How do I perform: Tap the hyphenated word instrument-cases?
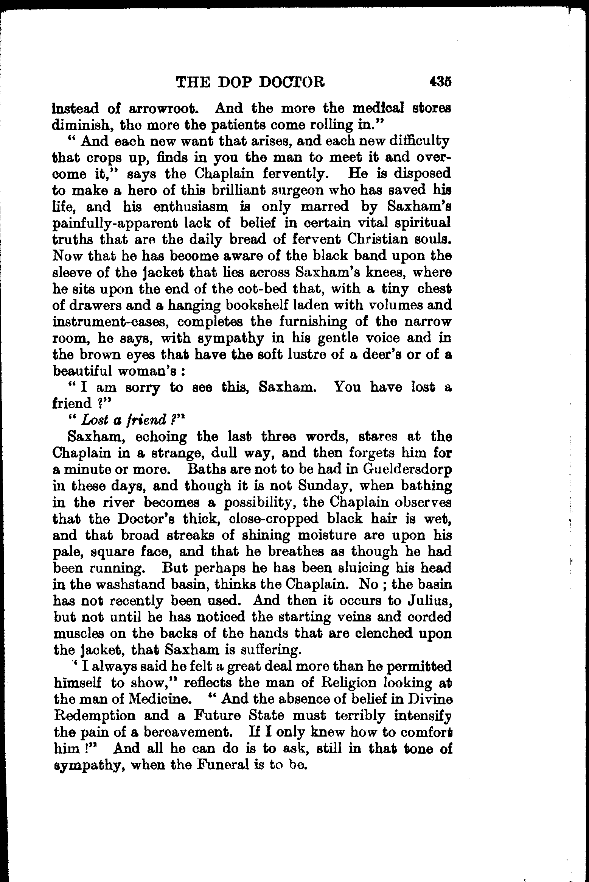tap(109, 322)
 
